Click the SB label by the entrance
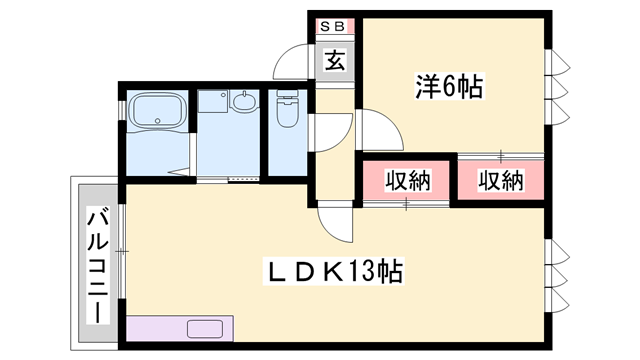tap(333, 27)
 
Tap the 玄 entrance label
tap(335, 60)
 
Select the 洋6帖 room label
tap(449, 86)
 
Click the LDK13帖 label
tap(334, 271)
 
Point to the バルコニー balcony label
tap(98, 266)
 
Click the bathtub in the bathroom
tap(158, 110)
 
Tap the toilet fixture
tap(288, 109)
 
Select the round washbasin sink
tap(244, 101)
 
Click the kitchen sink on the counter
tap(205, 329)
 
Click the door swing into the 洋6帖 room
tap(380, 130)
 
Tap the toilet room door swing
tap(331, 133)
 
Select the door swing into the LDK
tap(335, 222)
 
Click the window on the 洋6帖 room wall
tap(557, 87)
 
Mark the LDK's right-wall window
tap(557, 276)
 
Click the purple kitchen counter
tap(180, 328)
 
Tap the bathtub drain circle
tap(158, 120)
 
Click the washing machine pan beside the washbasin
tap(213, 101)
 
